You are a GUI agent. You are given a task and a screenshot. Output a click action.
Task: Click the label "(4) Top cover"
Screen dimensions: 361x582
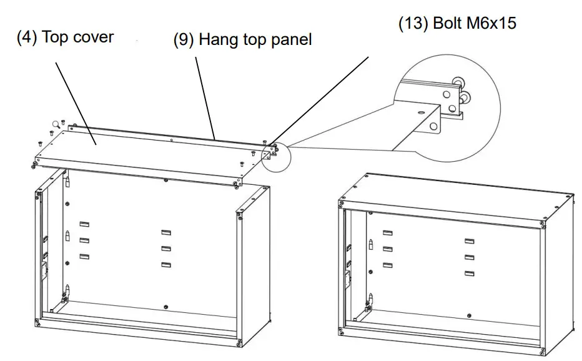(65, 37)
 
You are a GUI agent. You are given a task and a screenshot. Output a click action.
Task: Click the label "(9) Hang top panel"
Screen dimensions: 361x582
(242, 40)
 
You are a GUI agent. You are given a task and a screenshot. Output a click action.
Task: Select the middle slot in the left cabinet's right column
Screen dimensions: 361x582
(166, 249)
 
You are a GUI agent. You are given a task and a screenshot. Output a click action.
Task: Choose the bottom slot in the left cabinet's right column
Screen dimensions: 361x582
(166, 265)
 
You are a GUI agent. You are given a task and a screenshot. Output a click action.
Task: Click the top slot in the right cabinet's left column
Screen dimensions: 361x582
(388, 232)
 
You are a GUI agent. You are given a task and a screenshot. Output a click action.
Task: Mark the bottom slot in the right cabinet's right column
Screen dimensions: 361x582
(469, 273)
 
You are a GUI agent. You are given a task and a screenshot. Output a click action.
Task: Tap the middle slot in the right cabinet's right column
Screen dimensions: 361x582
(469, 257)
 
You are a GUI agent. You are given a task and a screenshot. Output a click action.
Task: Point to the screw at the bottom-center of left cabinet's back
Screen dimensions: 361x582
(164, 306)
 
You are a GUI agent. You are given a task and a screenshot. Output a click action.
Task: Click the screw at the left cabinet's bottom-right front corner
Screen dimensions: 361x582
(240, 342)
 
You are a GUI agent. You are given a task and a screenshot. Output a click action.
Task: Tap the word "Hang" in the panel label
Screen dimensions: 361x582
(215, 40)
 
